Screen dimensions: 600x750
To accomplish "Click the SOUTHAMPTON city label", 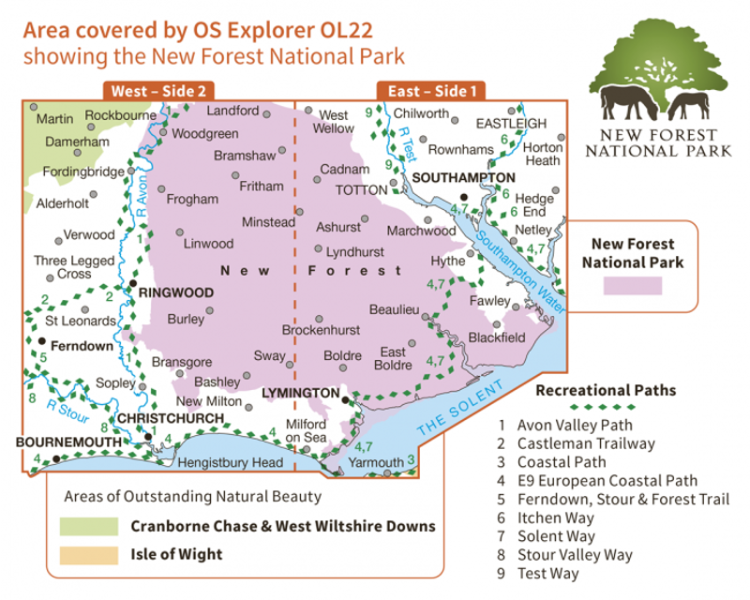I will pos(464,177).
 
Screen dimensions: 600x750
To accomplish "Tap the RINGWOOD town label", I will pos(176,292).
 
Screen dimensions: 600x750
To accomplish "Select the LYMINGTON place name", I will pos(301,392).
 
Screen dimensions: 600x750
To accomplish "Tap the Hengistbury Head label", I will pos(230,463).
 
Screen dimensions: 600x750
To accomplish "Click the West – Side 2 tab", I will pos(157,91).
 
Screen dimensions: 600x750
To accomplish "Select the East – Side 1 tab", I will pos(433,91).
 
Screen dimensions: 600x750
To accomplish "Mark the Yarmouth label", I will pos(376,462).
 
